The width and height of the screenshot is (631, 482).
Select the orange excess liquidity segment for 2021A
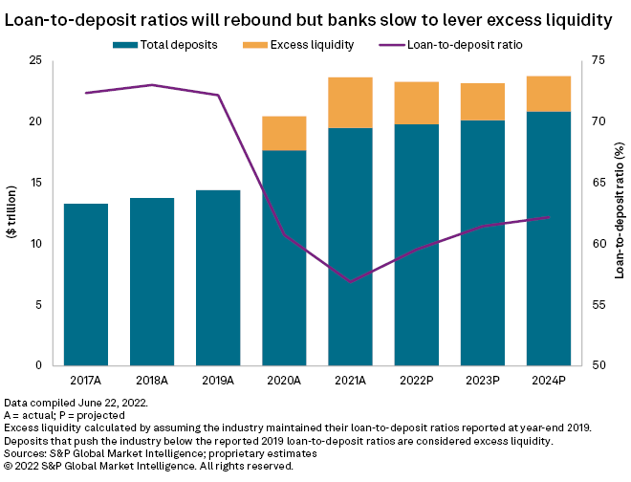tap(350, 102)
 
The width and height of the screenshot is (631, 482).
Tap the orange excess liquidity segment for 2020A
tap(284, 133)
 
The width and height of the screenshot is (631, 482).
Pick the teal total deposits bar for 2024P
tap(549, 238)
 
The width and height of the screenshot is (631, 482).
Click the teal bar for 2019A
tap(218, 277)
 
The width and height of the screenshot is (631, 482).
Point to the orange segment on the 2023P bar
tap(483, 101)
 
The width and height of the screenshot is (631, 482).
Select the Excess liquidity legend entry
tap(305, 44)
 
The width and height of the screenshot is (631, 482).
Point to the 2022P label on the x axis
tap(417, 380)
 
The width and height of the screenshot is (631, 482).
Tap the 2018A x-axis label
tap(152, 380)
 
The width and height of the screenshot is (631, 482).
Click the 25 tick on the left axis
tap(35, 60)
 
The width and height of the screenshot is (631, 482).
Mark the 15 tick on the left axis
tap(35, 183)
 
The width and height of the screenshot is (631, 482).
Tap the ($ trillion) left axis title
tap(12, 213)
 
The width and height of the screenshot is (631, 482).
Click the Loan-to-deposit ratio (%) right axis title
tap(620, 213)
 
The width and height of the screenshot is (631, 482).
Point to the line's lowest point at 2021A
tap(350, 282)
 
